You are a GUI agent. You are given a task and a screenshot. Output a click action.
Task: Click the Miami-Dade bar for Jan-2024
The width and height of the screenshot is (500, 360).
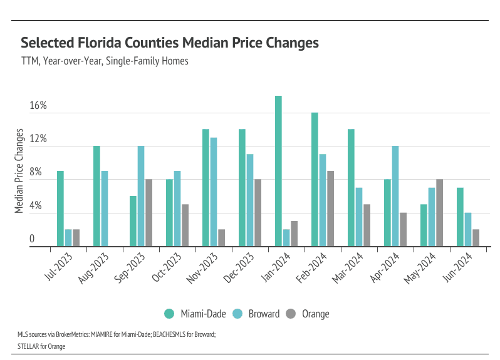pyautogui.click(x=278, y=171)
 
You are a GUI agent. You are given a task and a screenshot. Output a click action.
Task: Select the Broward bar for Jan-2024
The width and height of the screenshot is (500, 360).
pyautogui.click(x=286, y=238)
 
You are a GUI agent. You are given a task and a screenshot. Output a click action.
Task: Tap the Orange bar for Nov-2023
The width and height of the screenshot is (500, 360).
pyautogui.click(x=221, y=238)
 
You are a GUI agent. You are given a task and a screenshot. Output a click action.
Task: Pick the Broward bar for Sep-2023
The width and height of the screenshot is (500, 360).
pyautogui.click(x=141, y=196)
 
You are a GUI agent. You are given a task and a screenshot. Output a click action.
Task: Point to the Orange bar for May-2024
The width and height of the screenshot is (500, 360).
pyautogui.click(x=439, y=213)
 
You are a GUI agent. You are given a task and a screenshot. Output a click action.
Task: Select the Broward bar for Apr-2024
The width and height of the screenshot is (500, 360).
pyautogui.click(x=395, y=196)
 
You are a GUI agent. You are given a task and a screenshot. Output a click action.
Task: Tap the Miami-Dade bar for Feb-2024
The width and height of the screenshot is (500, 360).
pyautogui.click(x=315, y=179)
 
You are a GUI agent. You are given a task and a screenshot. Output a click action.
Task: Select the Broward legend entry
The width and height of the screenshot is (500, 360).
pyautogui.click(x=257, y=314)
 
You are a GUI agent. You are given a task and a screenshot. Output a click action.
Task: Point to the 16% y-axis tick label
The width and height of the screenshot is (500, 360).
pyautogui.click(x=38, y=106)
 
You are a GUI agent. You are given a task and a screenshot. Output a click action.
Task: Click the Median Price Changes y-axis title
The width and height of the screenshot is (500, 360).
pyautogui.click(x=19, y=171)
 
